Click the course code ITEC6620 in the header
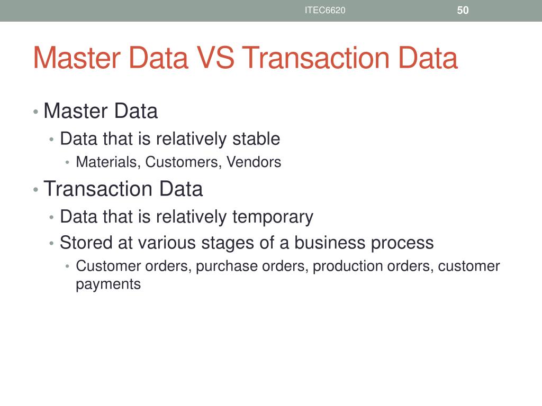(325, 10)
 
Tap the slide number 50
(463, 10)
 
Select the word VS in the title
(215, 58)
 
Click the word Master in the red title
(74, 58)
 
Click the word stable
(256, 139)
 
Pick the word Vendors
(254, 162)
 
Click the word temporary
(273, 217)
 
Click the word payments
(109, 284)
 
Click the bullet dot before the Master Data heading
(35, 112)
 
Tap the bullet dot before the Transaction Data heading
(35, 189)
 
